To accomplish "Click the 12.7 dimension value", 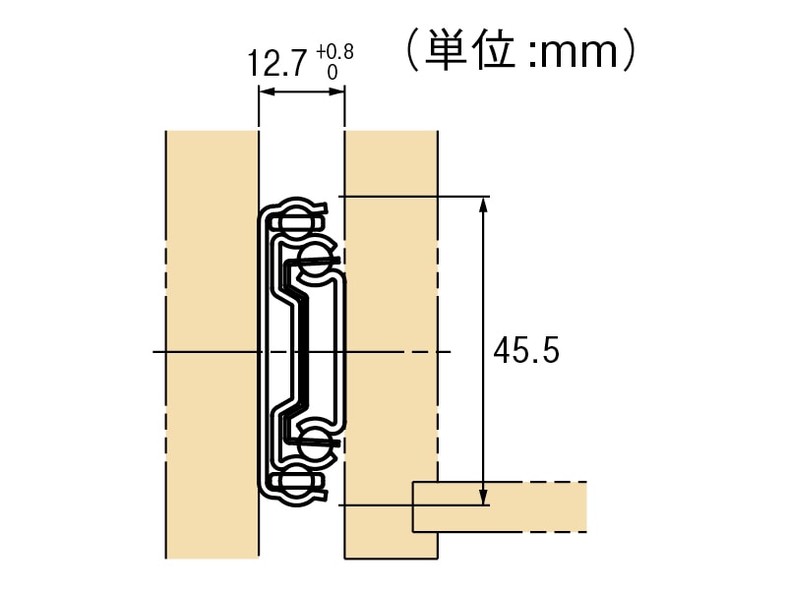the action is [277, 63].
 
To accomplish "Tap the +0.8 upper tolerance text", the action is [334, 52].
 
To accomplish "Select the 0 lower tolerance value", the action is [333, 73].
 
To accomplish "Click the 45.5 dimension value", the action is [526, 350].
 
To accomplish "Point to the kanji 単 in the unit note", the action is [446, 50].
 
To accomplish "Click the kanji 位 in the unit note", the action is [496, 50].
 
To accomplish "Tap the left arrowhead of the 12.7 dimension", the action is [266, 91].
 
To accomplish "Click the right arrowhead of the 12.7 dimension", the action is [336, 91].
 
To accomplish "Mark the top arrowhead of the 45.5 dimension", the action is [483, 205].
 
